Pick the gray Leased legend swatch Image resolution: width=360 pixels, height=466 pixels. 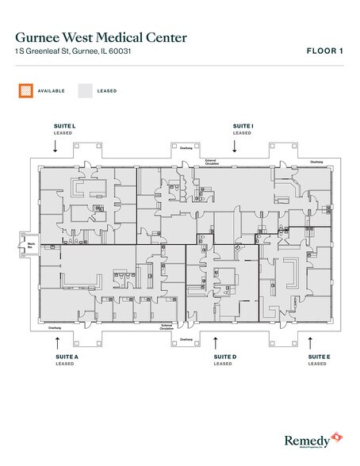[85, 91]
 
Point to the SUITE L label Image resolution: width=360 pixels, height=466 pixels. [63, 126]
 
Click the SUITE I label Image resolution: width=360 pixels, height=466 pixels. [243, 126]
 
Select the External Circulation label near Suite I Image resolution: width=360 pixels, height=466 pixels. [212, 162]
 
